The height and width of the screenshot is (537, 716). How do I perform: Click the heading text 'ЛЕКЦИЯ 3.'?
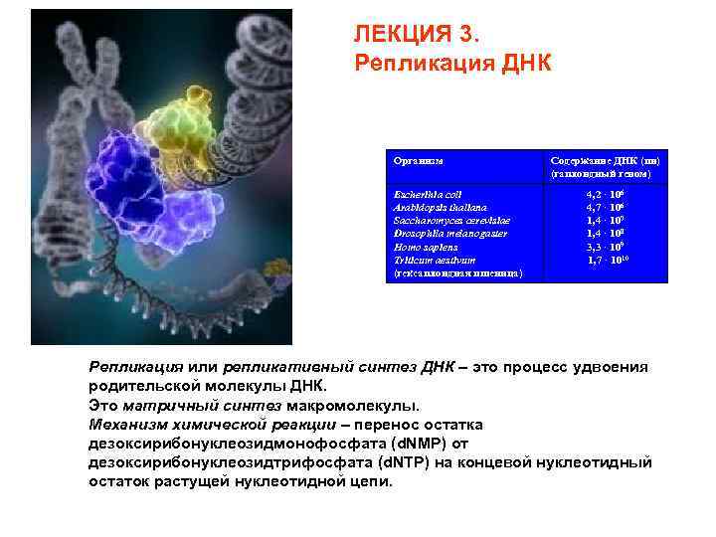(x=416, y=34)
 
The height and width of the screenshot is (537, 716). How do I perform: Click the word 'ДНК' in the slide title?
(x=524, y=63)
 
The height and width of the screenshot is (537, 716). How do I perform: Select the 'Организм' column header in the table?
(x=419, y=160)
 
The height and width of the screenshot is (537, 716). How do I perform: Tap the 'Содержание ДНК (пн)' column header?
(x=605, y=160)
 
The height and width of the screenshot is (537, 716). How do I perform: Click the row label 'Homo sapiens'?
(x=426, y=246)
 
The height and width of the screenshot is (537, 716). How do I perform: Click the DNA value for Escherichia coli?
(x=605, y=195)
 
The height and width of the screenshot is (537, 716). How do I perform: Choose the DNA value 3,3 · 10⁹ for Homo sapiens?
(x=605, y=246)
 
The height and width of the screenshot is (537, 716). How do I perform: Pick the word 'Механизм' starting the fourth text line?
(x=124, y=425)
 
